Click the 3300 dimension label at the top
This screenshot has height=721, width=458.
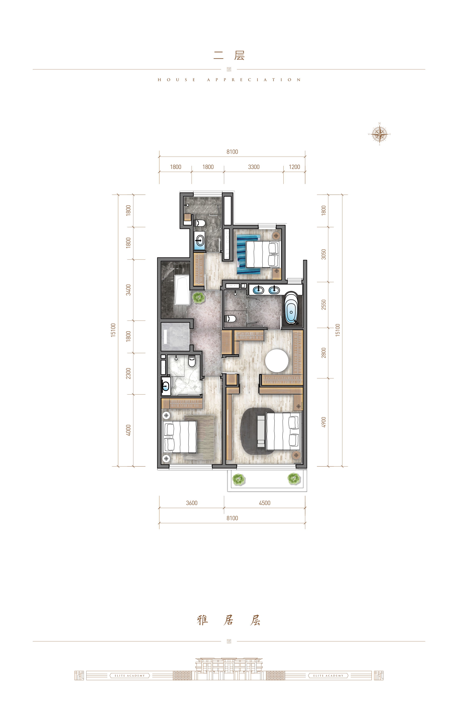coord(254,167)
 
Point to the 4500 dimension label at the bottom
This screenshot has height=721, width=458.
coord(265,503)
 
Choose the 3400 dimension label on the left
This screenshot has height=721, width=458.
coord(128,290)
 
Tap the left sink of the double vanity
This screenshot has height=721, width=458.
coord(258,290)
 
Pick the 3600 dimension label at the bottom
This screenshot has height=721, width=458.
coord(192,503)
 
